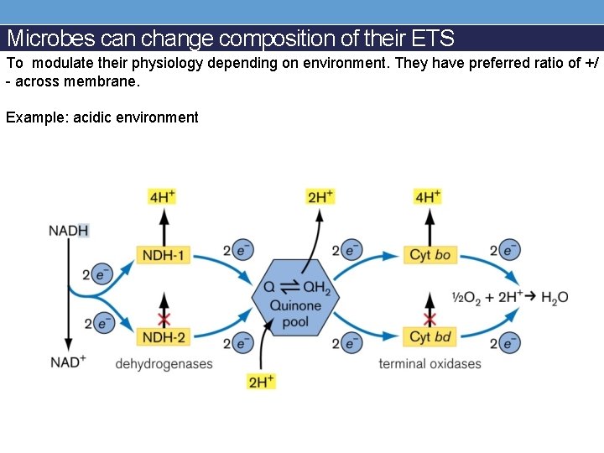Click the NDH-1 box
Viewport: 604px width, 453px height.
pyautogui.click(x=163, y=255)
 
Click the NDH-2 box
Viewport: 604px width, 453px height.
pyautogui.click(x=163, y=336)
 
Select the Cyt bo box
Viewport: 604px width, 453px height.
pyautogui.click(x=430, y=255)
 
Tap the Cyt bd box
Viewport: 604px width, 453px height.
pyautogui.click(x=430, y=336)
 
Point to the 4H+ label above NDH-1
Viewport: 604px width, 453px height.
pyautogui.click(x=163, y=196)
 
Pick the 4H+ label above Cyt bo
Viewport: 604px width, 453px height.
pyautogui.click(x=428, y=196)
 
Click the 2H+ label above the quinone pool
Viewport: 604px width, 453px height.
pyautogui.click(x=320, y=196)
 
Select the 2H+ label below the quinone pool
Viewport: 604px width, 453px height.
pyautogui.click(x=261, y=381)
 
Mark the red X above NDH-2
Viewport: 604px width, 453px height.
pyautogui.click(x=164, y=320)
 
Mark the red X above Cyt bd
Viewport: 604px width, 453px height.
pyautogui.click(x=430, y=320)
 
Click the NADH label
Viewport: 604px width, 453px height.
pyautogui.click(x=69, y=231)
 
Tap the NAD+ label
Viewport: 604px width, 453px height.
pyautogui.click(x=68, y=362)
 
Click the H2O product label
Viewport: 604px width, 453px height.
pyautogui.click(x=555, y=297)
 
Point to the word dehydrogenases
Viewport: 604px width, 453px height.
pyautogui.click(x=164, y=363)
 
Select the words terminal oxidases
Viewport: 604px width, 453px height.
pyautogui.click(x=430, y=363)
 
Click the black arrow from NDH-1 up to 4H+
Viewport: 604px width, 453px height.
pyautogui.click(x=164, y=225)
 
